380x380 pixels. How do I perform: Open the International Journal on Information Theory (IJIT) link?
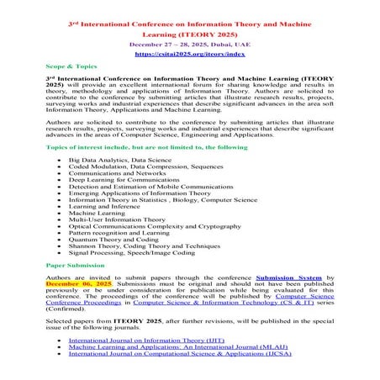click(148, 341)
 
